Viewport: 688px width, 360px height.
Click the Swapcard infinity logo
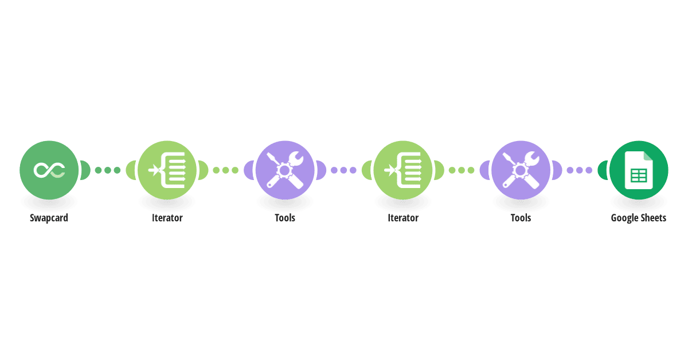pyautogui.click(x=49, y=170)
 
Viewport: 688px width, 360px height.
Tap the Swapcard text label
pyautogui.click(x=49, y=218)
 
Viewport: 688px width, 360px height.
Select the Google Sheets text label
pyautogui.click(x=639, y=218)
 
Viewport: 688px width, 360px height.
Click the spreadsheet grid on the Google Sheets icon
pyautogui.click(x=639, y=176)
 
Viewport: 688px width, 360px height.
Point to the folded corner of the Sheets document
pyautogui.click(x=648, y=156)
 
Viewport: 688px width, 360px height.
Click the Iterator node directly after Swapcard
pyautogui.click(x=167, y=170)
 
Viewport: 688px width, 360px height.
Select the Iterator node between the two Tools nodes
pyautogui.click(x=403, y=170)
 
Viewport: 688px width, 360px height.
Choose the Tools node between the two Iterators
pyautogui.click(x=285, y=170)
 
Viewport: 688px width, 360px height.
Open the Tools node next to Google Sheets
pyautogui.click(x=521, y=170)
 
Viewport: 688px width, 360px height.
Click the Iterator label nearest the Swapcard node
pyautogui.click(x=167, y=218)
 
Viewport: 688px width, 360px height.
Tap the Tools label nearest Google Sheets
pyautogui.click(x=521, y=218)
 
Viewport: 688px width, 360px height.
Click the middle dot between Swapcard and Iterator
pyautogui.click(x=108, y=170)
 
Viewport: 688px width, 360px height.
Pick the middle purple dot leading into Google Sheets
pyautogui.click(x=579, y=170)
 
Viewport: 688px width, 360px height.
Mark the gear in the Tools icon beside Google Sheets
pyautogui.click(x=521, y=170)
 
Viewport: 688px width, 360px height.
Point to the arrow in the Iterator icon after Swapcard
pyautogui.click(x=154, y=170)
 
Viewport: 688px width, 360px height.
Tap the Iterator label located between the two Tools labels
pyautogui.click(x=403, y=218)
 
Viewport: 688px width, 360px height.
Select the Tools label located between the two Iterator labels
pyautogui.click(x=285, y=218)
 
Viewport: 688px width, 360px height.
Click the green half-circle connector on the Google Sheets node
pyautogui.click(x=603, y=170)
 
